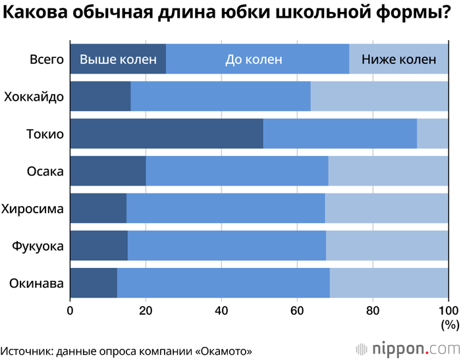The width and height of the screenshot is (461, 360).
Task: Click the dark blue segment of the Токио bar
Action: (x=166, y=134)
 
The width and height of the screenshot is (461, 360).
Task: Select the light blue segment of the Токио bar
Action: (x=433, y=134)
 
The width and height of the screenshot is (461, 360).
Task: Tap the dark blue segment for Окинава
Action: (x=93, y=284)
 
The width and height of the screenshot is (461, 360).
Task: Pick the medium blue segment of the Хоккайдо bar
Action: (x=220, y=97)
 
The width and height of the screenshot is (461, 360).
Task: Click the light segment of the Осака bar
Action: (x=388, y=172)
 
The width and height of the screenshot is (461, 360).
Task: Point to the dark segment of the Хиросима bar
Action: (x=97, y=209)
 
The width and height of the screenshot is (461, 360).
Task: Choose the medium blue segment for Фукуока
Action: (x=227, y=246)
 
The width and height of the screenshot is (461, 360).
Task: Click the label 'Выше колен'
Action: (x=118, y=59)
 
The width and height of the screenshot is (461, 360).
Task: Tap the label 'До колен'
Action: (x=254, y=59)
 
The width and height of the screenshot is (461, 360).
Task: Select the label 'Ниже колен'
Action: (x=399, y=59)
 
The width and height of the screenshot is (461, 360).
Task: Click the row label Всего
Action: (x=46, y=59)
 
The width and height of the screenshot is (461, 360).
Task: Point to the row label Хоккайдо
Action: (x=34, y=97)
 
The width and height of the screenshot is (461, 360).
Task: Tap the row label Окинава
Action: (x=36, y=284)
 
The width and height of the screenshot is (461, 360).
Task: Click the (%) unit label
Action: (x=449, y=324)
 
